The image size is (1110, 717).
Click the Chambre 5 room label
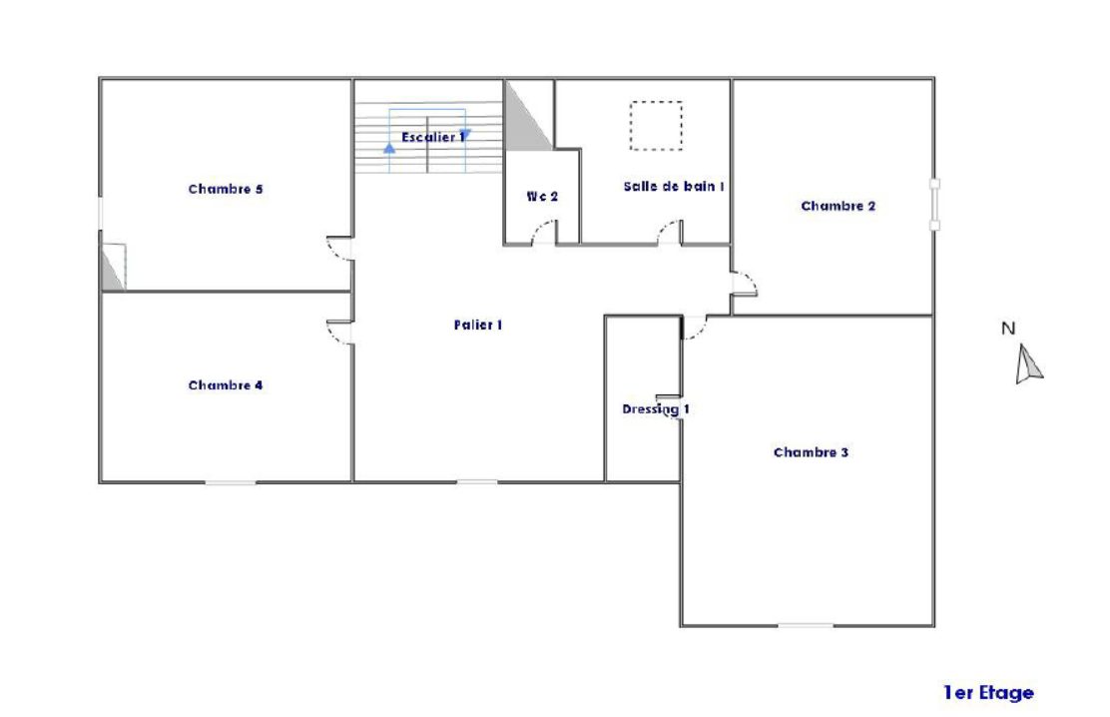(x=226, y=189)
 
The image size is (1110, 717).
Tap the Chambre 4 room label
(x=226, y=385)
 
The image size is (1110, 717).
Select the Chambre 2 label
(x=838, y=206)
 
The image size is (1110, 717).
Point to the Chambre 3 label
(x=811, y=452)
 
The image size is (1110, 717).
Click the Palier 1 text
(x=478, y=325)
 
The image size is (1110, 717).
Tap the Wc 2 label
(x=542, y=197)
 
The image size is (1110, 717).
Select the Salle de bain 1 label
(x=673, y=187)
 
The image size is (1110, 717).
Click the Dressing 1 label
(x=656, y=408)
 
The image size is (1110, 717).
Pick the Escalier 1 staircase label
(x=433, y=137)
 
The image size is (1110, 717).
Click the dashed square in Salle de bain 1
(x=656, y=126)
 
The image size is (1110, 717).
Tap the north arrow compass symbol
(x=1028, y=364)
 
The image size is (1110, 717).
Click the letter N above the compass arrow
(x=1008, y=328)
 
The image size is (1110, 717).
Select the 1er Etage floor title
(x=988, y=692)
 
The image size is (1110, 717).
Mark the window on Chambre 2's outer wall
(x=934, y=204)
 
